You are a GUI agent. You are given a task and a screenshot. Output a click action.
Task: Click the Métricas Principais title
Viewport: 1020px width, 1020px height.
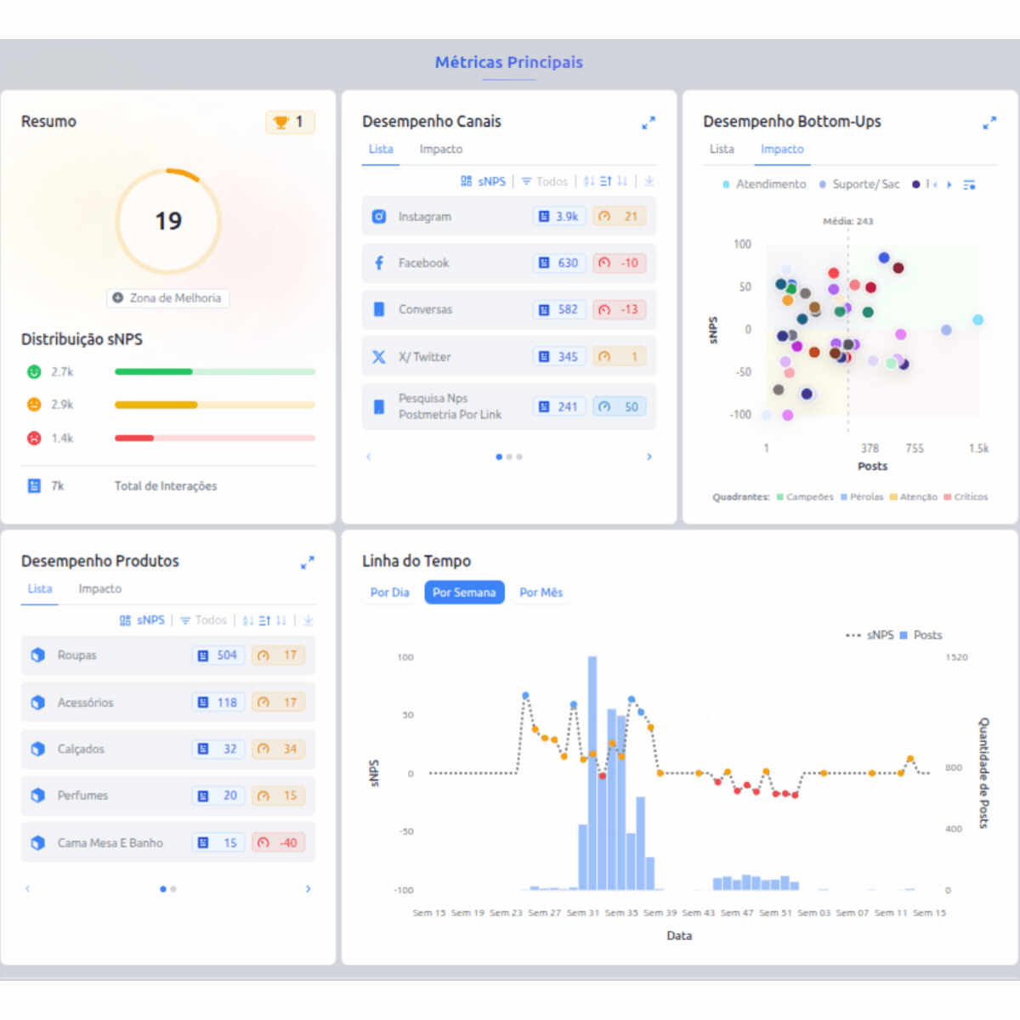point(508,62)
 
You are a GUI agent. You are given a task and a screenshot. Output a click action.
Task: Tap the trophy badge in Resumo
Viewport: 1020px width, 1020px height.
point(290,122)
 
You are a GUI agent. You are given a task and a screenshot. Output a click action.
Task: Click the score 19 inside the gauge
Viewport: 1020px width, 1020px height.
point(168,221)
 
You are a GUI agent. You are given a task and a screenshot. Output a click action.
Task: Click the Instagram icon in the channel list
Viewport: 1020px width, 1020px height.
point(379,217)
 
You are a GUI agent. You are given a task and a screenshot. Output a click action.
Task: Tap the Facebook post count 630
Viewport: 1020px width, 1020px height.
point(559,263)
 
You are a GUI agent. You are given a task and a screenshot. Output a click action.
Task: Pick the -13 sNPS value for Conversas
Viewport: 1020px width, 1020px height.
point(620,309)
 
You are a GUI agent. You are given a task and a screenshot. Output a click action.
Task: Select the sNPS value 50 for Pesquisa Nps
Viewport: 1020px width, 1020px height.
point(621,407)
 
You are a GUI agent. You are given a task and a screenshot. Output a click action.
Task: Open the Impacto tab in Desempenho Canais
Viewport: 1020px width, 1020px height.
point(440,149)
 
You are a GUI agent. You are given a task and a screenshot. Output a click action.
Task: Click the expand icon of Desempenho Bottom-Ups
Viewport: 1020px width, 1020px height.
point(989,123)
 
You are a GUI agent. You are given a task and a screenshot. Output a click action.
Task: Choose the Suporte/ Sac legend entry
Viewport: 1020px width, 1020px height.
point(864,184)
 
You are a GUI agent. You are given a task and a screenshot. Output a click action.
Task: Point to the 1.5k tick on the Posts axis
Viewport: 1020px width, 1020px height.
point(978,448)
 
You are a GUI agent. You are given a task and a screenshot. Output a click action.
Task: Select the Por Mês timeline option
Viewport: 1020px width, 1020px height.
point(541,592)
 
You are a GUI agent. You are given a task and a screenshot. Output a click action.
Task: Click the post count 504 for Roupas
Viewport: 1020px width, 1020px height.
point(218,655)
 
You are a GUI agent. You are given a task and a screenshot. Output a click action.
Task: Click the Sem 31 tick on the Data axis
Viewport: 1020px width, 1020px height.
point(582,912)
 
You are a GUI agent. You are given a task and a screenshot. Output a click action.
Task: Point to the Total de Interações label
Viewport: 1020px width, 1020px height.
point(166,486)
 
